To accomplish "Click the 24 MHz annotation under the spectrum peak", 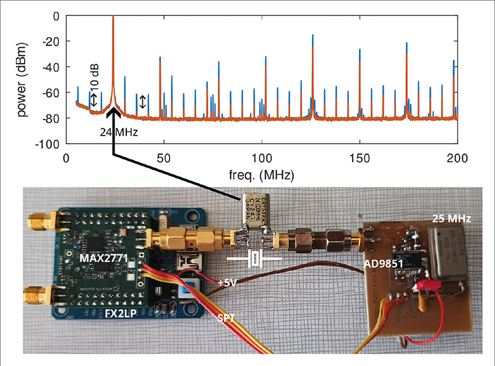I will click(118, 132).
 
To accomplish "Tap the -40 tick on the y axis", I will click(53, 66).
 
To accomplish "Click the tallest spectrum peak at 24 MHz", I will click(113, 19).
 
